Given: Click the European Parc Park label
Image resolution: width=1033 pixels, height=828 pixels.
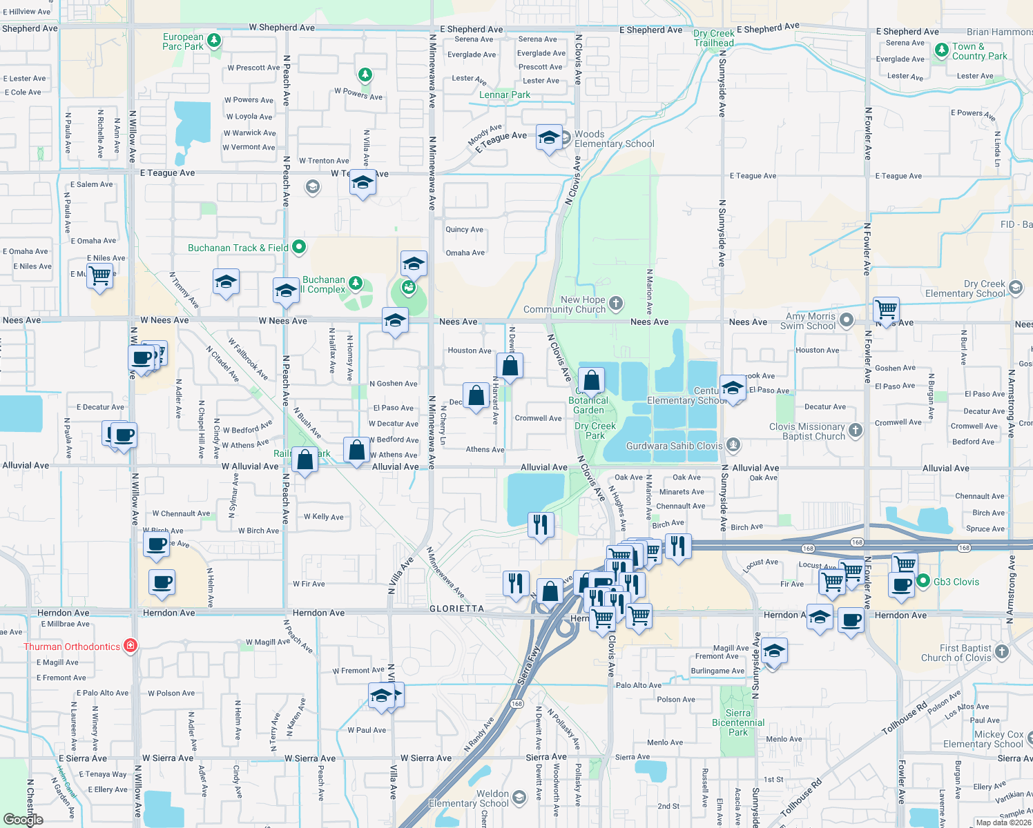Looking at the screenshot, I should click(x=183, y=42).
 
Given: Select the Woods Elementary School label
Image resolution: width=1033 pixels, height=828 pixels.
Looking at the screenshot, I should click(x=614, y=139).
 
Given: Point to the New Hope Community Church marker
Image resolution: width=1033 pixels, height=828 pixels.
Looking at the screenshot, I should click(x=616, y=303).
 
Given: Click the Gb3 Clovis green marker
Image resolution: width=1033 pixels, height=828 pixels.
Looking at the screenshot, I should click(x=923, y=582).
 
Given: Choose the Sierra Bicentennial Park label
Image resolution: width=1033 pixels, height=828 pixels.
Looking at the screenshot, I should click(x=737, y=722).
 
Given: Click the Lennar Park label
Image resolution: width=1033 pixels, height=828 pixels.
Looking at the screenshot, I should click(x=505, y=95).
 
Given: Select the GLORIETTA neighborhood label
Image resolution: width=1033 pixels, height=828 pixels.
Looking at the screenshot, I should click(x=456, y=609).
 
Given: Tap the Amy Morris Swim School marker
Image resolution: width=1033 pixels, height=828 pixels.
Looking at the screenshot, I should click(x=847, y=320).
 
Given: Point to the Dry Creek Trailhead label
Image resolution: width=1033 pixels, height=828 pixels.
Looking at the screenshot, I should click(x=714, y=38).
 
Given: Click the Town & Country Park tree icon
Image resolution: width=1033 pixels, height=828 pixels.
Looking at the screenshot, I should click(x=941, y=50).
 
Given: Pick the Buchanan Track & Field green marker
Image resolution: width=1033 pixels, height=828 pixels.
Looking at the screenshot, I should click(x=299, y=246).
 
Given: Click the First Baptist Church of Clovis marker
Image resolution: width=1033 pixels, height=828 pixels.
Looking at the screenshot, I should click(x=1002, y=651).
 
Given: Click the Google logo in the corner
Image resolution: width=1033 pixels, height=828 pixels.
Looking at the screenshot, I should click(x=23, y=819).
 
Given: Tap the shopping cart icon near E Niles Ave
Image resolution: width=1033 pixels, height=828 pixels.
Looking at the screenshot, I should click(x=100, y=275).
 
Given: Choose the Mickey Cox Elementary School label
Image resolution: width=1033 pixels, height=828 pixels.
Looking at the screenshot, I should click(x=983, y=739).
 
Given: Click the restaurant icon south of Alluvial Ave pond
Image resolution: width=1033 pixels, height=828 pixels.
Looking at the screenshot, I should click(x=541, y=525).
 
